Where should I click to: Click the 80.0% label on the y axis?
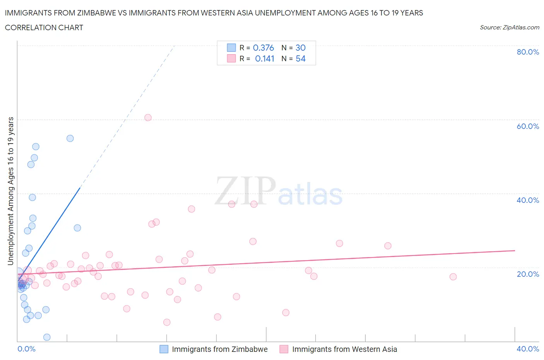(528, 52)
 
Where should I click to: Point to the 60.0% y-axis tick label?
(528, 126)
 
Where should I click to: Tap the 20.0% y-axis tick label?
(528, 274)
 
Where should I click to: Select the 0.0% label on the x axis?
(26, 349)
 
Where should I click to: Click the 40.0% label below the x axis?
(528, 349)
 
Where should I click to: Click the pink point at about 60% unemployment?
(148, 118)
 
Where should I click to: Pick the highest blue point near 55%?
(70, 138)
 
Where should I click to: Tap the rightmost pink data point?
(453, 277)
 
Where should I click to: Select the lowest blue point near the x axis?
(47, 337)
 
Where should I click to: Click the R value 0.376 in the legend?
(263, 48)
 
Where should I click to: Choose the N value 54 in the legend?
(301, 59)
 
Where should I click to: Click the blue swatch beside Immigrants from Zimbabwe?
(164, 349)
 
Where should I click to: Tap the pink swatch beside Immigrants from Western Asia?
(284, 349)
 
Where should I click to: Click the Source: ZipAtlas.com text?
(509, 27)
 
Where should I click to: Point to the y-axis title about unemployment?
(11, 191)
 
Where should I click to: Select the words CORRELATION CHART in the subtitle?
(44, 27)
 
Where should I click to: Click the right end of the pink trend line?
(515, 250)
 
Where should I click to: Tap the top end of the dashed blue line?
(174, 46)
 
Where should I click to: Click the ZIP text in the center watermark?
(245, 191)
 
